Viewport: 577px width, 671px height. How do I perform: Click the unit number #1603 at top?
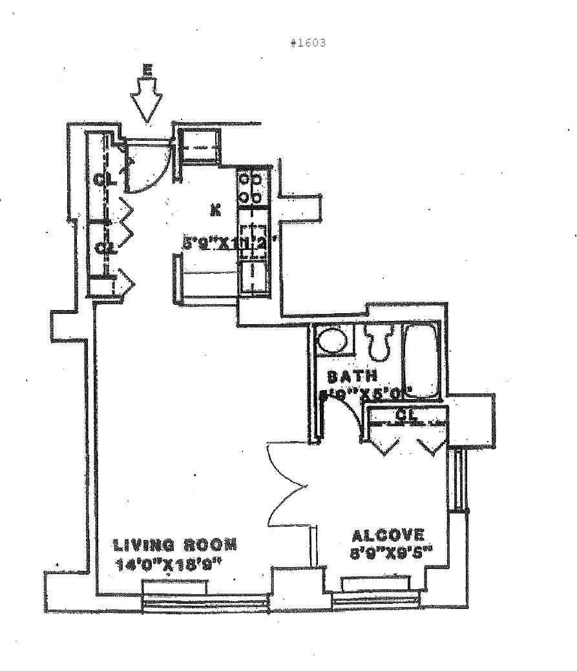click(308, 43)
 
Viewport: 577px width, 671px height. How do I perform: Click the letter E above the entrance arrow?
click(148, 70)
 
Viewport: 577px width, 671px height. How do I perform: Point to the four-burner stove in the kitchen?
click(251, 187)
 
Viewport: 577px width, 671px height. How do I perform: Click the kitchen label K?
click(215, 209)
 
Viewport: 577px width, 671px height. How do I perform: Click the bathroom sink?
click(333, 340)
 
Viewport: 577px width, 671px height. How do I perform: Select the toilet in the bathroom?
click(379, 342)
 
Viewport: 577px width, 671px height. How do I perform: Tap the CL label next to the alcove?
click(405, 417)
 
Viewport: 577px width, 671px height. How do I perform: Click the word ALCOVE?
click(388, 535)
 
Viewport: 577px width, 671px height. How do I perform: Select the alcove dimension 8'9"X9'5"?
click(390, 553)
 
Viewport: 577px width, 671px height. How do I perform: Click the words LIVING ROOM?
click(175, 544)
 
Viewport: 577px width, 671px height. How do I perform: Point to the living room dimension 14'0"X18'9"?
click(169, 563)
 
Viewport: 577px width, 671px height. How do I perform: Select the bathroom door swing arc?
click(346, 413)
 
